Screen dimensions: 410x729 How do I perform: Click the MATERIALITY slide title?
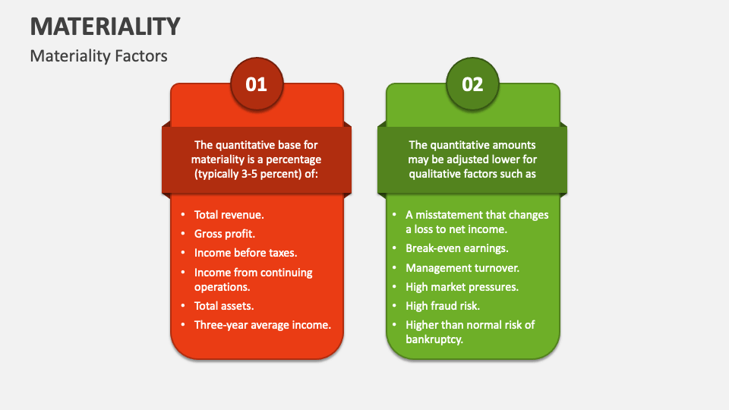coord(106,26)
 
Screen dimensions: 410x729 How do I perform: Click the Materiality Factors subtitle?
coord(99,56)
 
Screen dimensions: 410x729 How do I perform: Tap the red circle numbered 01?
coord(257,84)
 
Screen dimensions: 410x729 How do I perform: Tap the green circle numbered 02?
coord(472,84)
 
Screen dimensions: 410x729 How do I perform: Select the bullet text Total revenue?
coord(229,215)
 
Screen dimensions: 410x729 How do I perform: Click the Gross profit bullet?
coord(224,234)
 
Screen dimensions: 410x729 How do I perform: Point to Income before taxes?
coord(245,253)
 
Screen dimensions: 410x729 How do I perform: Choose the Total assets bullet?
coord(223,306)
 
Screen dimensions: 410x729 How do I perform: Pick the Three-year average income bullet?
coord(262,325)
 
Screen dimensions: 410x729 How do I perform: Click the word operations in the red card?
coord(222,286)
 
